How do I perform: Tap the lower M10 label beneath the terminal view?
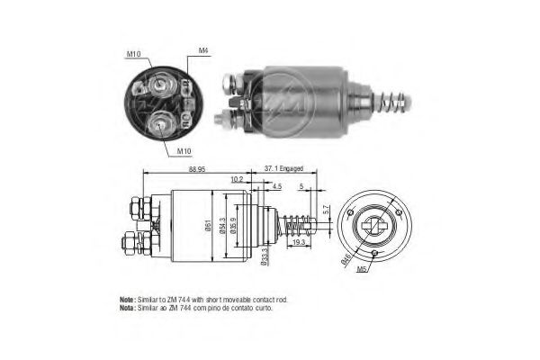(183, 150)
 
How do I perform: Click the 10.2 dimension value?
(237, 179)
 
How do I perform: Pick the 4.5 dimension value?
(276, 187)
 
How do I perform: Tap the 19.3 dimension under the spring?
(300, 242)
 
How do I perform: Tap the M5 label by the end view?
(363, 268)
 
